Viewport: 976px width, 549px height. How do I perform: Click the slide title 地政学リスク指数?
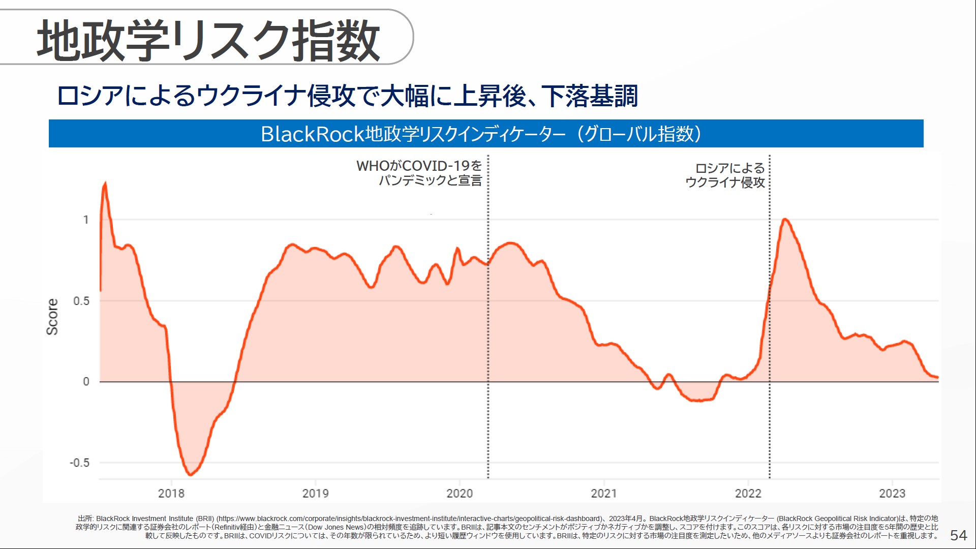(208, 41)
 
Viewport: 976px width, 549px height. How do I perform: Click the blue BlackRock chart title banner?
(485, 134)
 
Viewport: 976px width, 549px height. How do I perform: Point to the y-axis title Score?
(52, 316)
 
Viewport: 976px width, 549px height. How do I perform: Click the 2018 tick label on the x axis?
(171, 493)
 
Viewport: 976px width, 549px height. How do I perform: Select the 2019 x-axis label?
(315, 493)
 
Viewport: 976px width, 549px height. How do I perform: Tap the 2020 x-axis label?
(460, 493)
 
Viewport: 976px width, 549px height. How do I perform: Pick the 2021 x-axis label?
(604, 493)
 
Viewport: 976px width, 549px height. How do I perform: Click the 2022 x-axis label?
(748, 493)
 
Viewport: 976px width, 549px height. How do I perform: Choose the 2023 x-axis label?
(892, 493)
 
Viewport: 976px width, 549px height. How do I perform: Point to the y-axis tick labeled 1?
(86, 220)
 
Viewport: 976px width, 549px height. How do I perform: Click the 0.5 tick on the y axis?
(81, 301)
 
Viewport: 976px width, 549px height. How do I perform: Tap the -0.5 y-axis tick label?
(79, 463)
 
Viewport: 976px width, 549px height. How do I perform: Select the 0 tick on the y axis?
(86, 381)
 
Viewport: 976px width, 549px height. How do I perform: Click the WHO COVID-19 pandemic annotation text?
(419, 173)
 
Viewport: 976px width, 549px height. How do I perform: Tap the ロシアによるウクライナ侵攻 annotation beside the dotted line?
(725, 175)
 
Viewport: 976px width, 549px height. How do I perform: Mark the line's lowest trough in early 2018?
(190, 475)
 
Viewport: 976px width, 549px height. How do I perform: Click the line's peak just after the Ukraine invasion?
(785, 219)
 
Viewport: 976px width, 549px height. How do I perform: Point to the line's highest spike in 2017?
(105, 182)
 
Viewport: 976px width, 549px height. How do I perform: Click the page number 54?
(958, 535)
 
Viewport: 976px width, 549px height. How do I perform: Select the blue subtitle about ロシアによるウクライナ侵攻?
(347, 96)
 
